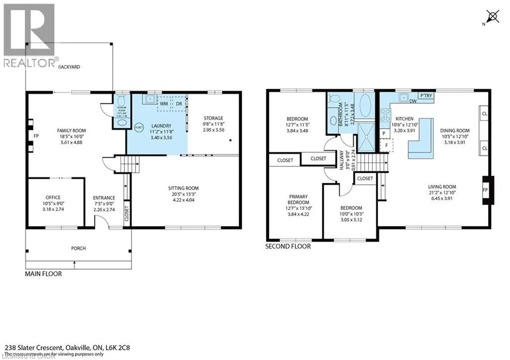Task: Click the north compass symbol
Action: tap(493, 17)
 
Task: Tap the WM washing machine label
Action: tap(164, 103)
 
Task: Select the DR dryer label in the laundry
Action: tap(177, 103)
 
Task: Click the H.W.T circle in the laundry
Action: tap(139, 126)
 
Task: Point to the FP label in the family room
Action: tap(36, 135)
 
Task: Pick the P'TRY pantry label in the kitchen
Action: tap(425, 96)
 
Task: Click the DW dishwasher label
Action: tap(413, 101)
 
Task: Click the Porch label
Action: tap(78, 248)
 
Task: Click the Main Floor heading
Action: tap(43, 273)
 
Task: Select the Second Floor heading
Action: tap(288, 246)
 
